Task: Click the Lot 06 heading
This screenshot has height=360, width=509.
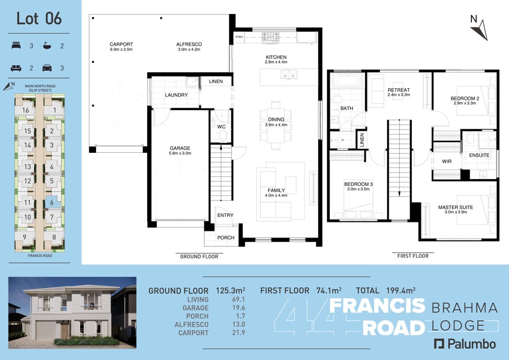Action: tap(39, 19)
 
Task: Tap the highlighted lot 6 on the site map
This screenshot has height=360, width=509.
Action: tap(52, 203)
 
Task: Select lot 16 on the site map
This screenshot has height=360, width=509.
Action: tap(26, 111)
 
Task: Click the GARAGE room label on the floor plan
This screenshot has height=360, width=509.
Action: tap(180, 148)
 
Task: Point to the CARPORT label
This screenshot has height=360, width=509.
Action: tap(121, 44)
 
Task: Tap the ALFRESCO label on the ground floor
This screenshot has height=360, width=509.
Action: tap(189, 44)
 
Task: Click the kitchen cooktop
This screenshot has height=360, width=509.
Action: tap(270, 37)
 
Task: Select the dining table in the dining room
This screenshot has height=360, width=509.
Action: tap(276, 125)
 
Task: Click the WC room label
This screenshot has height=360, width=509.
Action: tap(221, 126)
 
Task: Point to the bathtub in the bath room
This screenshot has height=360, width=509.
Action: tap(348, 80)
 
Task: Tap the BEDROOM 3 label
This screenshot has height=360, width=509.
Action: tap(358, 184)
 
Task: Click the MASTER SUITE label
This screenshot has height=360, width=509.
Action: tap(456, 207)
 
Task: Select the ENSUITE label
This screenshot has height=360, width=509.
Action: tap(479, 155)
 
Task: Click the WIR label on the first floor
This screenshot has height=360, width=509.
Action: tap(447, 161)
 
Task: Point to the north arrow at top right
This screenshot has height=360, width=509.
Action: tap(481, 30)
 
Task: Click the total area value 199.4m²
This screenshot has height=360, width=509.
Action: tap(401, 290)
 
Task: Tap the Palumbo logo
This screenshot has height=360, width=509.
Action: tap(465, 344)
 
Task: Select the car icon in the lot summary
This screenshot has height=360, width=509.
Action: tap(47, 68)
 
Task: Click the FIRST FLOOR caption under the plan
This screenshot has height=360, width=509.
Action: tap(413, 256)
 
